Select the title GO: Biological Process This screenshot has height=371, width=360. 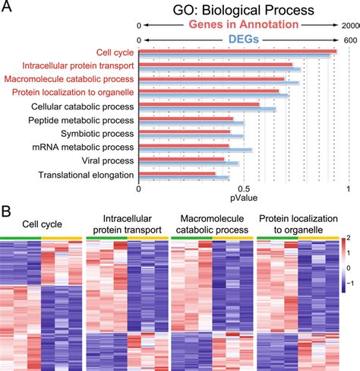click(x=242, y=11)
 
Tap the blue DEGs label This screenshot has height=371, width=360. click(x=242, y=40)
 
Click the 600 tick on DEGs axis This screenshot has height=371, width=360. click(x=350, y=40)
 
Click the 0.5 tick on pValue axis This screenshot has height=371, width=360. click(x=243, y=189)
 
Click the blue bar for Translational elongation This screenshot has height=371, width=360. click(x=183, y=179)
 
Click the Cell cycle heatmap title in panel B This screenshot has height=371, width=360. click(x=41, y=224)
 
